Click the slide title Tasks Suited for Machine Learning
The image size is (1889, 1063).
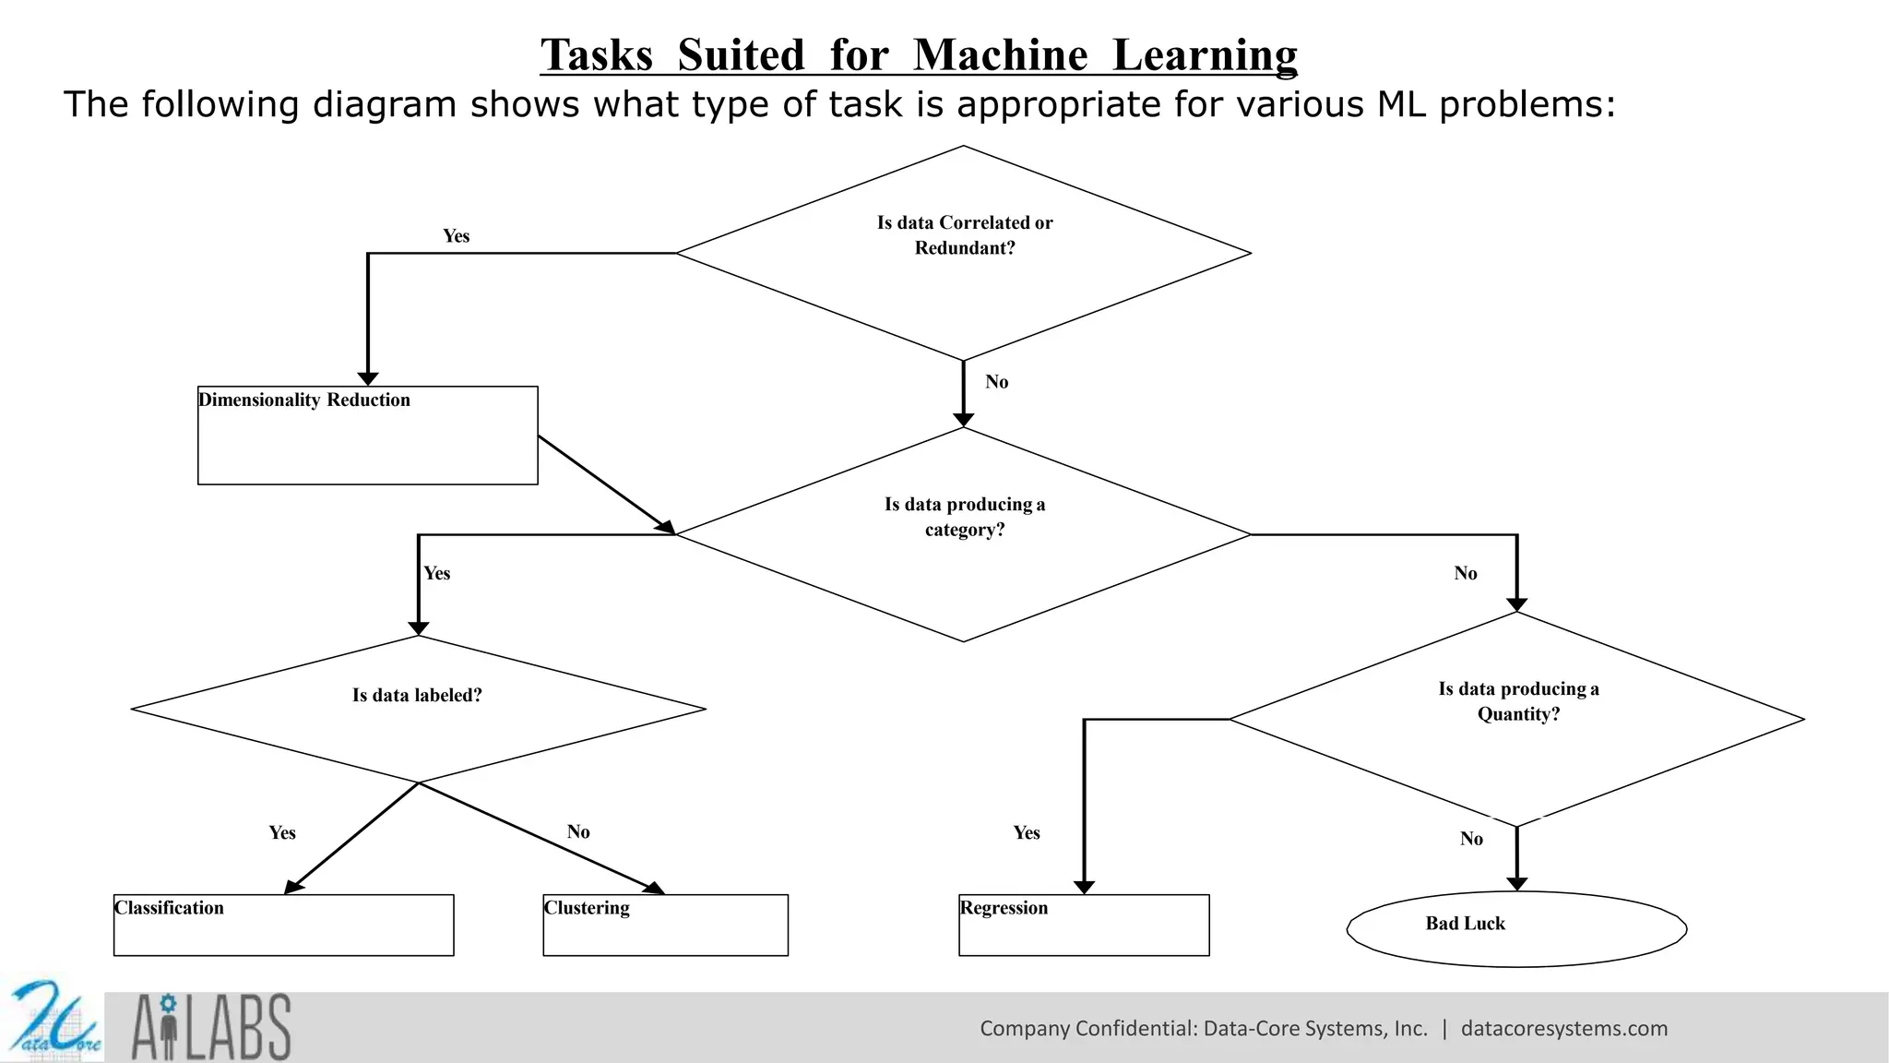tap(919, 55)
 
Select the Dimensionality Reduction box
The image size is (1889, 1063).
tap(367, 435)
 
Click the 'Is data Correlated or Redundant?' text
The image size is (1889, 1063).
tap(964, 235)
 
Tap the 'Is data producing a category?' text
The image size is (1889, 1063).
tap(964, 517)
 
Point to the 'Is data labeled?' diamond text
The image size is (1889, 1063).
tap(417, 696)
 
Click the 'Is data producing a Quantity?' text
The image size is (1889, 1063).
tap(1518, 701)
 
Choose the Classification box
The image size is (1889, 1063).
tap(283, 925)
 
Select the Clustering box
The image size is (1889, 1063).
tap(665, 925)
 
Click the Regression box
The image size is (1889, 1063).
tap(1084, 925)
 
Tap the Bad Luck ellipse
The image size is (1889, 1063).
tap(1516, 928)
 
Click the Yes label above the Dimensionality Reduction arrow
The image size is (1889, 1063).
tap(456, 236)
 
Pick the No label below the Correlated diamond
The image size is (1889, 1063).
tap(996, 382)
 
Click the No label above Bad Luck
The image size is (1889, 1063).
tap(1471, 839)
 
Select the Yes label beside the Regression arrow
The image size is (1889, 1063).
tap(1026, 833)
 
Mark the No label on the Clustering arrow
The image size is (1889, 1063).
tap(578, 832)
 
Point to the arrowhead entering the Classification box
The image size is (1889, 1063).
tap(293, 887)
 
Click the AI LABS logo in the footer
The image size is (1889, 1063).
tap(211, 1027)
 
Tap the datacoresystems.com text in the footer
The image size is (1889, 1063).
tap(1564, 1029)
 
